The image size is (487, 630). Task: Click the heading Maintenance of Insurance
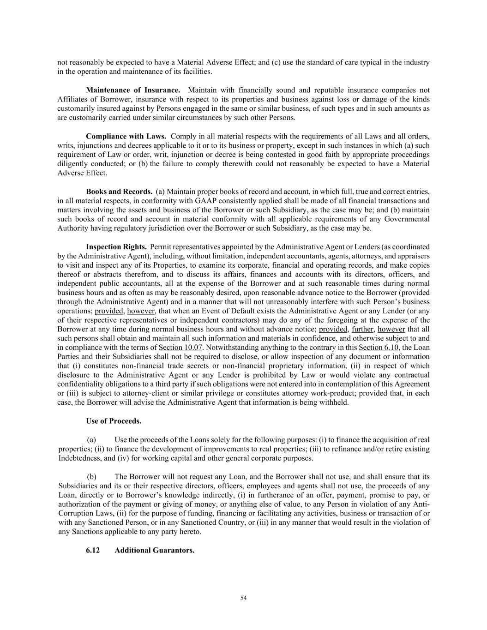coord(133,90)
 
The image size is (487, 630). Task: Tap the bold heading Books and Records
coord(119,192)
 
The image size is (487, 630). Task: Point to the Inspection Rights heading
coord(116,246)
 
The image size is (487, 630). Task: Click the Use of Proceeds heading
coord(114,421)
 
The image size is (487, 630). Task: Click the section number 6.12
coord(93,550)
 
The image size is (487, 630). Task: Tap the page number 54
coord(244,598)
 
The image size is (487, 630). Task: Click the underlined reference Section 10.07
coord(180,348)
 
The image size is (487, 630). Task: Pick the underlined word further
coord(362,329)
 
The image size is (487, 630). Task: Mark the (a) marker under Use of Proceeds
coord(91,439)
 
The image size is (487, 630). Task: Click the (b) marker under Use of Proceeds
coord(91,476)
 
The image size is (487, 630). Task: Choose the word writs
coord(65,145)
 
